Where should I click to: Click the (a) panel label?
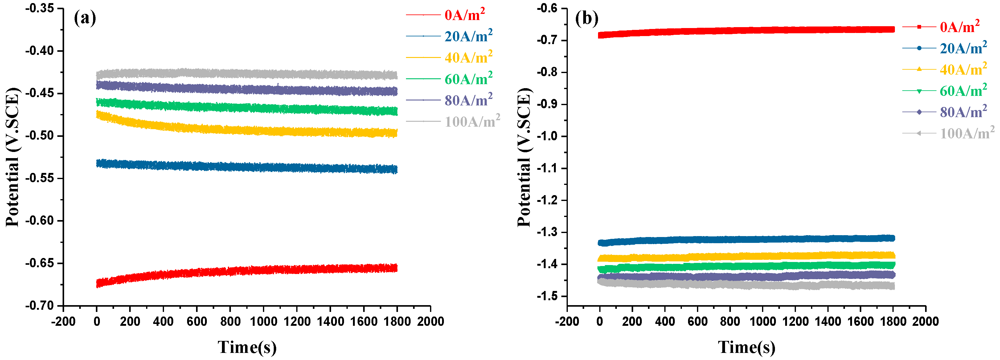[x=85, y=18]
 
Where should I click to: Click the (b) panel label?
[x=587, y=18]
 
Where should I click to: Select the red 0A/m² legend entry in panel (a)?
[x=464, y=15]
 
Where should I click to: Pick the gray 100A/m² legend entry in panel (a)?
[x=472, y=121]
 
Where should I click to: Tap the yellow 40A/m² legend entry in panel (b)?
[x=963, y=70]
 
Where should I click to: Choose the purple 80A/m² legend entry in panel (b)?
[x=963, y=112]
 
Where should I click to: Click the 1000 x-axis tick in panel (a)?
[x=264, y=321]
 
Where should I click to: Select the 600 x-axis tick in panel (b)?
[x=697, y=321]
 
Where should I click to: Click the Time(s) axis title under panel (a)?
[x=247, y=347]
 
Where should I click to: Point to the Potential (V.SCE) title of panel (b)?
[x=524, y=157]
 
